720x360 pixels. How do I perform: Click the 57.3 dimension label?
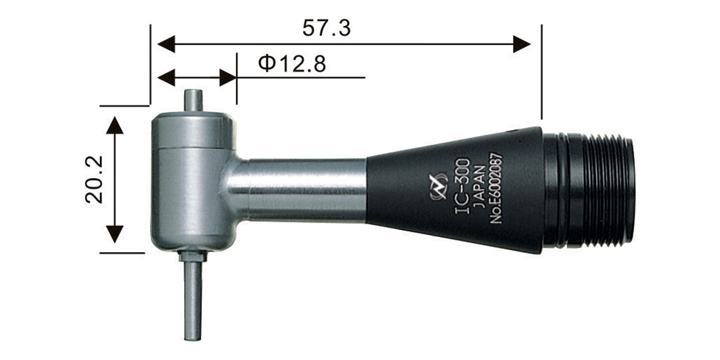pos(327,28)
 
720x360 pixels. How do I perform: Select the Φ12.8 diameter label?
pos(292,64)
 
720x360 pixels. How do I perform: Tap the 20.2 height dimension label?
pos(94,179)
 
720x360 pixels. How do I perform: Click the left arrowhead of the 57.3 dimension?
pos(166,44)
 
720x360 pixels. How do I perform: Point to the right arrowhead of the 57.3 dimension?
pos(521,44)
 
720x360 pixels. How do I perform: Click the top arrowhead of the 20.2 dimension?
pos(115,125)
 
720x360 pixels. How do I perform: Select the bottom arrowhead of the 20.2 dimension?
pos(115,235)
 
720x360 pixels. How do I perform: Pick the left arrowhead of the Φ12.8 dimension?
pos(166,77)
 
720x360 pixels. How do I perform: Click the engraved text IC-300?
pos(462,186)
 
